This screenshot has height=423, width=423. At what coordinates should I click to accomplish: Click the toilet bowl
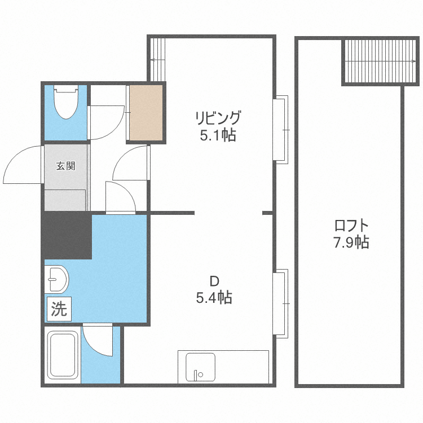click(x=66, y=102)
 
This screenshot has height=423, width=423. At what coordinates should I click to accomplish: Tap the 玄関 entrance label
click(x=65, y=166)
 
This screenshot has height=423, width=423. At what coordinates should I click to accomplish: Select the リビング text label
click(x=218, y=118)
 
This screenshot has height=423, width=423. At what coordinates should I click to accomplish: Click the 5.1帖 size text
click(x=218, y=135)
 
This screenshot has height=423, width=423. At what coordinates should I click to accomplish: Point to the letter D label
click(x=214, y=281)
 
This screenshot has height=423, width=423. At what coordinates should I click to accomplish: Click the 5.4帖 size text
click(x=214, y=298)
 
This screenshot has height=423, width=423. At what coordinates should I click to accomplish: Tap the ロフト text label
click(x=351, y=226)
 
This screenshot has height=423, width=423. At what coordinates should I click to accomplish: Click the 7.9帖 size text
click(x=351, y=242)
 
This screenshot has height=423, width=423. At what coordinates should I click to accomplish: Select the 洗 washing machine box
click(x=59, y=309)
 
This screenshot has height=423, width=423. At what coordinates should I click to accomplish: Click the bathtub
click(x=63, y=355)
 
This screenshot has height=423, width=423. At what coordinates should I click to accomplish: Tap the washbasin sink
click(x=56, y=279)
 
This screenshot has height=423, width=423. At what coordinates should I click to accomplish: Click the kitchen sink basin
click(x=200, y=367)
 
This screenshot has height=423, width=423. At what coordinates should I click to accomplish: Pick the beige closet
click(x=146, y=113)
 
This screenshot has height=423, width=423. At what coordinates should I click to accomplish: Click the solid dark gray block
click(x=67, y=235)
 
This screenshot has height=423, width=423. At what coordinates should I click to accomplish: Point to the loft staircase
click(x=380, y=61)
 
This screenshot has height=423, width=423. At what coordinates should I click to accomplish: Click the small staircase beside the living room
click(x=157, y=59)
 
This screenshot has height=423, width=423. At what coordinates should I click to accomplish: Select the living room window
click(x=280, y=130)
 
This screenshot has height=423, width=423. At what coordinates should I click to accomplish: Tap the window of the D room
click(x=280, y=303)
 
